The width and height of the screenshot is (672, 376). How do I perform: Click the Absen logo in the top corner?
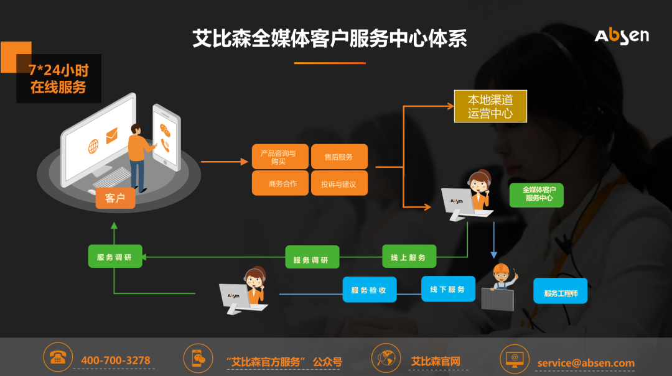(621, 36)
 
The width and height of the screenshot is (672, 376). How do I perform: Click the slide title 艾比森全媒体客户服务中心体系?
(330, 39)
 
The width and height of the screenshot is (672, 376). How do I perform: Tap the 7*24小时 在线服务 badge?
(58, 78)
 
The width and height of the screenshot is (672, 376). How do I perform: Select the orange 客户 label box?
(115, 198)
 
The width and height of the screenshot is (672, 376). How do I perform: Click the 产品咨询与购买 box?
(279, 157)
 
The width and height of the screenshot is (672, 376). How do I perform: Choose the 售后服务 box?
(339, 157)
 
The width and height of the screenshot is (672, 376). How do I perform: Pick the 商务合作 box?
(279, 183)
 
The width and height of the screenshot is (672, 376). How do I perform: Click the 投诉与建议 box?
(339, 184)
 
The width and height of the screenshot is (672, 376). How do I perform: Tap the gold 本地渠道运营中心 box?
(490, 106)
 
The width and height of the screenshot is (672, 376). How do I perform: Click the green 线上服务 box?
(409, 257)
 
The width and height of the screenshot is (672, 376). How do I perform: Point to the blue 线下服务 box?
(448, 289)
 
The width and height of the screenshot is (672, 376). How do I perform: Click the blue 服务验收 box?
(369, 290)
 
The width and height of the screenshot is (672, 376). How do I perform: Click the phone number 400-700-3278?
(116, 360)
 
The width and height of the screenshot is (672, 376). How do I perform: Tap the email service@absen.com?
(586, 363)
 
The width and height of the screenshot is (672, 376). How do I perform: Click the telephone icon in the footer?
(58, 358)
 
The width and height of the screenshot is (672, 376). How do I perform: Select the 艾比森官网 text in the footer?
(436, 361)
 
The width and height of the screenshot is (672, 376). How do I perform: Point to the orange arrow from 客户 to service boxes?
(224, 162)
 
